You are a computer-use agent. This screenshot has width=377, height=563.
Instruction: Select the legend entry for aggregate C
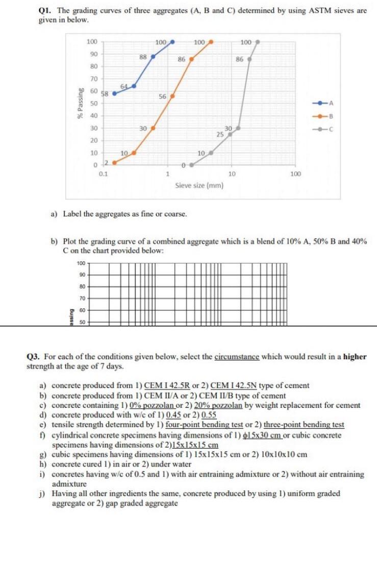click(324, 129)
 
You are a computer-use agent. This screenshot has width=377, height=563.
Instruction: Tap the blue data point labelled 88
click(153, 57)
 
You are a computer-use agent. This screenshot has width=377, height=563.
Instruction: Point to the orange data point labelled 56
click(172, 95)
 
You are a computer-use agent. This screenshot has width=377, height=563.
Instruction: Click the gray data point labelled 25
click(230, 135)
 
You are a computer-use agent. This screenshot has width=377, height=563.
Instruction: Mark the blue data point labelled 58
click(114, 93)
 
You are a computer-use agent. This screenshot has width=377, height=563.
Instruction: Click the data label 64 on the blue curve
click(124, 85)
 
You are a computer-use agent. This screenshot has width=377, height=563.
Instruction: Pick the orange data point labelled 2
click(114, 163)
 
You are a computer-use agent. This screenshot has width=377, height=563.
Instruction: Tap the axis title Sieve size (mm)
click(199, 186)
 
